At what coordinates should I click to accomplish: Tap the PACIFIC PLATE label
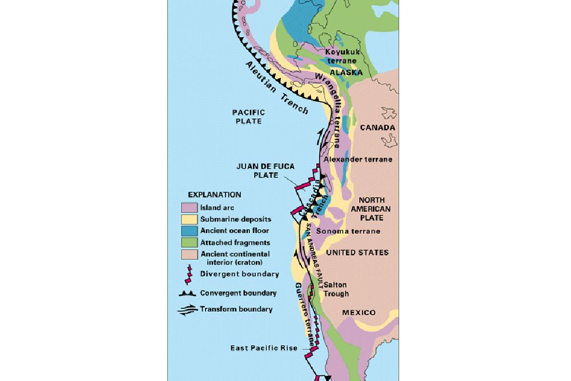click(x=247, y=117)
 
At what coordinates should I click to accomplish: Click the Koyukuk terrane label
click(x=342, y=56)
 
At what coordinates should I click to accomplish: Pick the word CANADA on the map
click(x=377, y=127)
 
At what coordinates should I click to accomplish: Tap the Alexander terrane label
click(x=358, y=159)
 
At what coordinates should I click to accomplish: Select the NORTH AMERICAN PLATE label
click(x=375, y=209)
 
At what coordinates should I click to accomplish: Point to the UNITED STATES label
click(x=357, y=252)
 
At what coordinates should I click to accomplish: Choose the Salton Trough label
click(x=336, y=289)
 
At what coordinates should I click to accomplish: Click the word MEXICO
click(x=359, y=312)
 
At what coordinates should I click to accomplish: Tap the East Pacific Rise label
click(x=264, y=348)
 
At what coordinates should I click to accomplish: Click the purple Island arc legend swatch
click(x=188, y=207)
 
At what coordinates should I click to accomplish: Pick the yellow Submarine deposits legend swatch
click(x=188, y=219)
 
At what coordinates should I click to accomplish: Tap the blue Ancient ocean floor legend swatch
click(x=188, y=231)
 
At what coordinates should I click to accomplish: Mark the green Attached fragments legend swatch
click(x=188, y=242)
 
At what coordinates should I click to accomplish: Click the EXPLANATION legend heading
click(x=214, y=195)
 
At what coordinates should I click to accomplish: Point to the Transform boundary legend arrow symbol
click(x=188, y=310)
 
